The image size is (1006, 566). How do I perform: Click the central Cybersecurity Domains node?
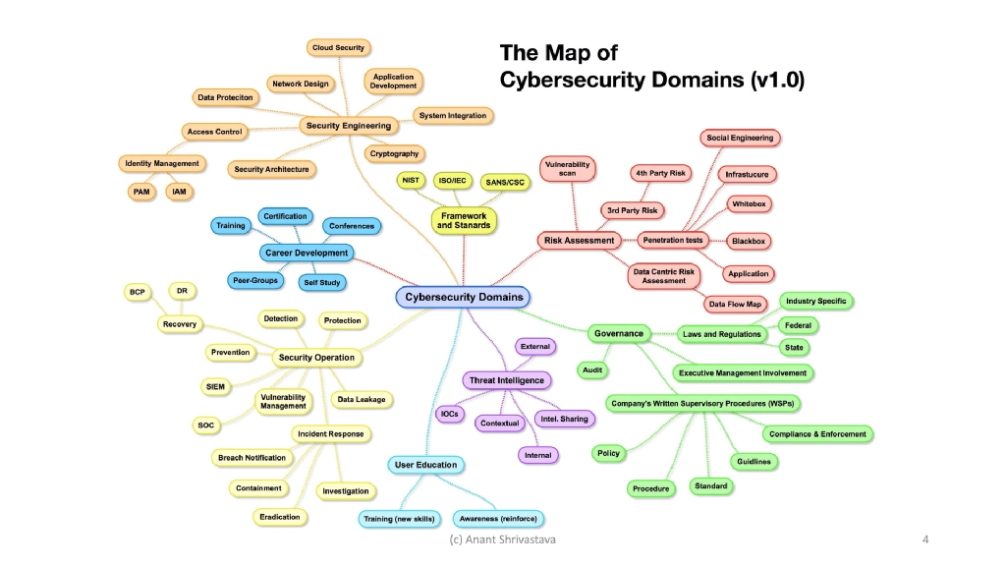point(463,297)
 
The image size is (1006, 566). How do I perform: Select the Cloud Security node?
point(337,47)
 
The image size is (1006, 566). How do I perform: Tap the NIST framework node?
point(410,181)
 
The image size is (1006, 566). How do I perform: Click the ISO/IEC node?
point(453,181)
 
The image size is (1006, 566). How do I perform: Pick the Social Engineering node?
point(740,138)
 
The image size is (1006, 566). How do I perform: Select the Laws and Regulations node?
point(721,334)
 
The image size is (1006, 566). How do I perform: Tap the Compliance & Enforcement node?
point(817,434)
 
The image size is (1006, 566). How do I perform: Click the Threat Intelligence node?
point(506,380)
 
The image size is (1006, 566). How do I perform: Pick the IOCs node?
point(449,414)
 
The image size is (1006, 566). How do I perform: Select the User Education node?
point(425,465)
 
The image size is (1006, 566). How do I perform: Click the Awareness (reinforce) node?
point(499,518)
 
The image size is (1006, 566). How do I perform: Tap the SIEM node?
point(215,387)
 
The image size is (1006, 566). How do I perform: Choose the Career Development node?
point(307,253)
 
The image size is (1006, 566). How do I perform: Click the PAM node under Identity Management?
point(141,192)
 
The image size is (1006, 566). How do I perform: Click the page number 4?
point(925,539)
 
